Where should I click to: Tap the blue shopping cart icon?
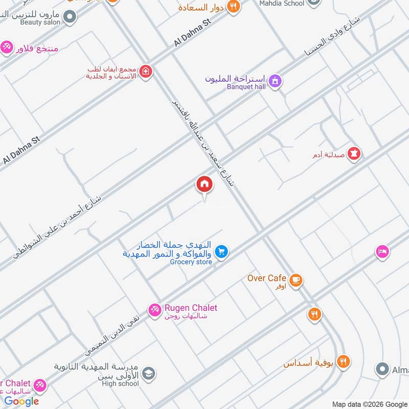click(x=221, y=252)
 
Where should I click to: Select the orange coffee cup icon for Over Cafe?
click(x=296, y=280)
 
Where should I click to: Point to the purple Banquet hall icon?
click(x=275, y=81)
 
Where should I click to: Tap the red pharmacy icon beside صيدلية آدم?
click(x=354, y=153)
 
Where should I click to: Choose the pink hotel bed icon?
click(x=382, y=252)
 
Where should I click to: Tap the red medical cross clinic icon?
click(x=146, y=72)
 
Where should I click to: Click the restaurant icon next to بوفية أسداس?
click(x=343, y=362)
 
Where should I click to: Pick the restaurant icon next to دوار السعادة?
click(x=234, y=7)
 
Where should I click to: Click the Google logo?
click(x=21, y=401)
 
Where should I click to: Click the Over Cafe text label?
click(x=266, y=278)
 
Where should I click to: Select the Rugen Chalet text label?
click(x=191, y=308)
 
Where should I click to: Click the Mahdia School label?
click(x=282, y=3)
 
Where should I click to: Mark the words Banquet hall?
click(x=246, y=87)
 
